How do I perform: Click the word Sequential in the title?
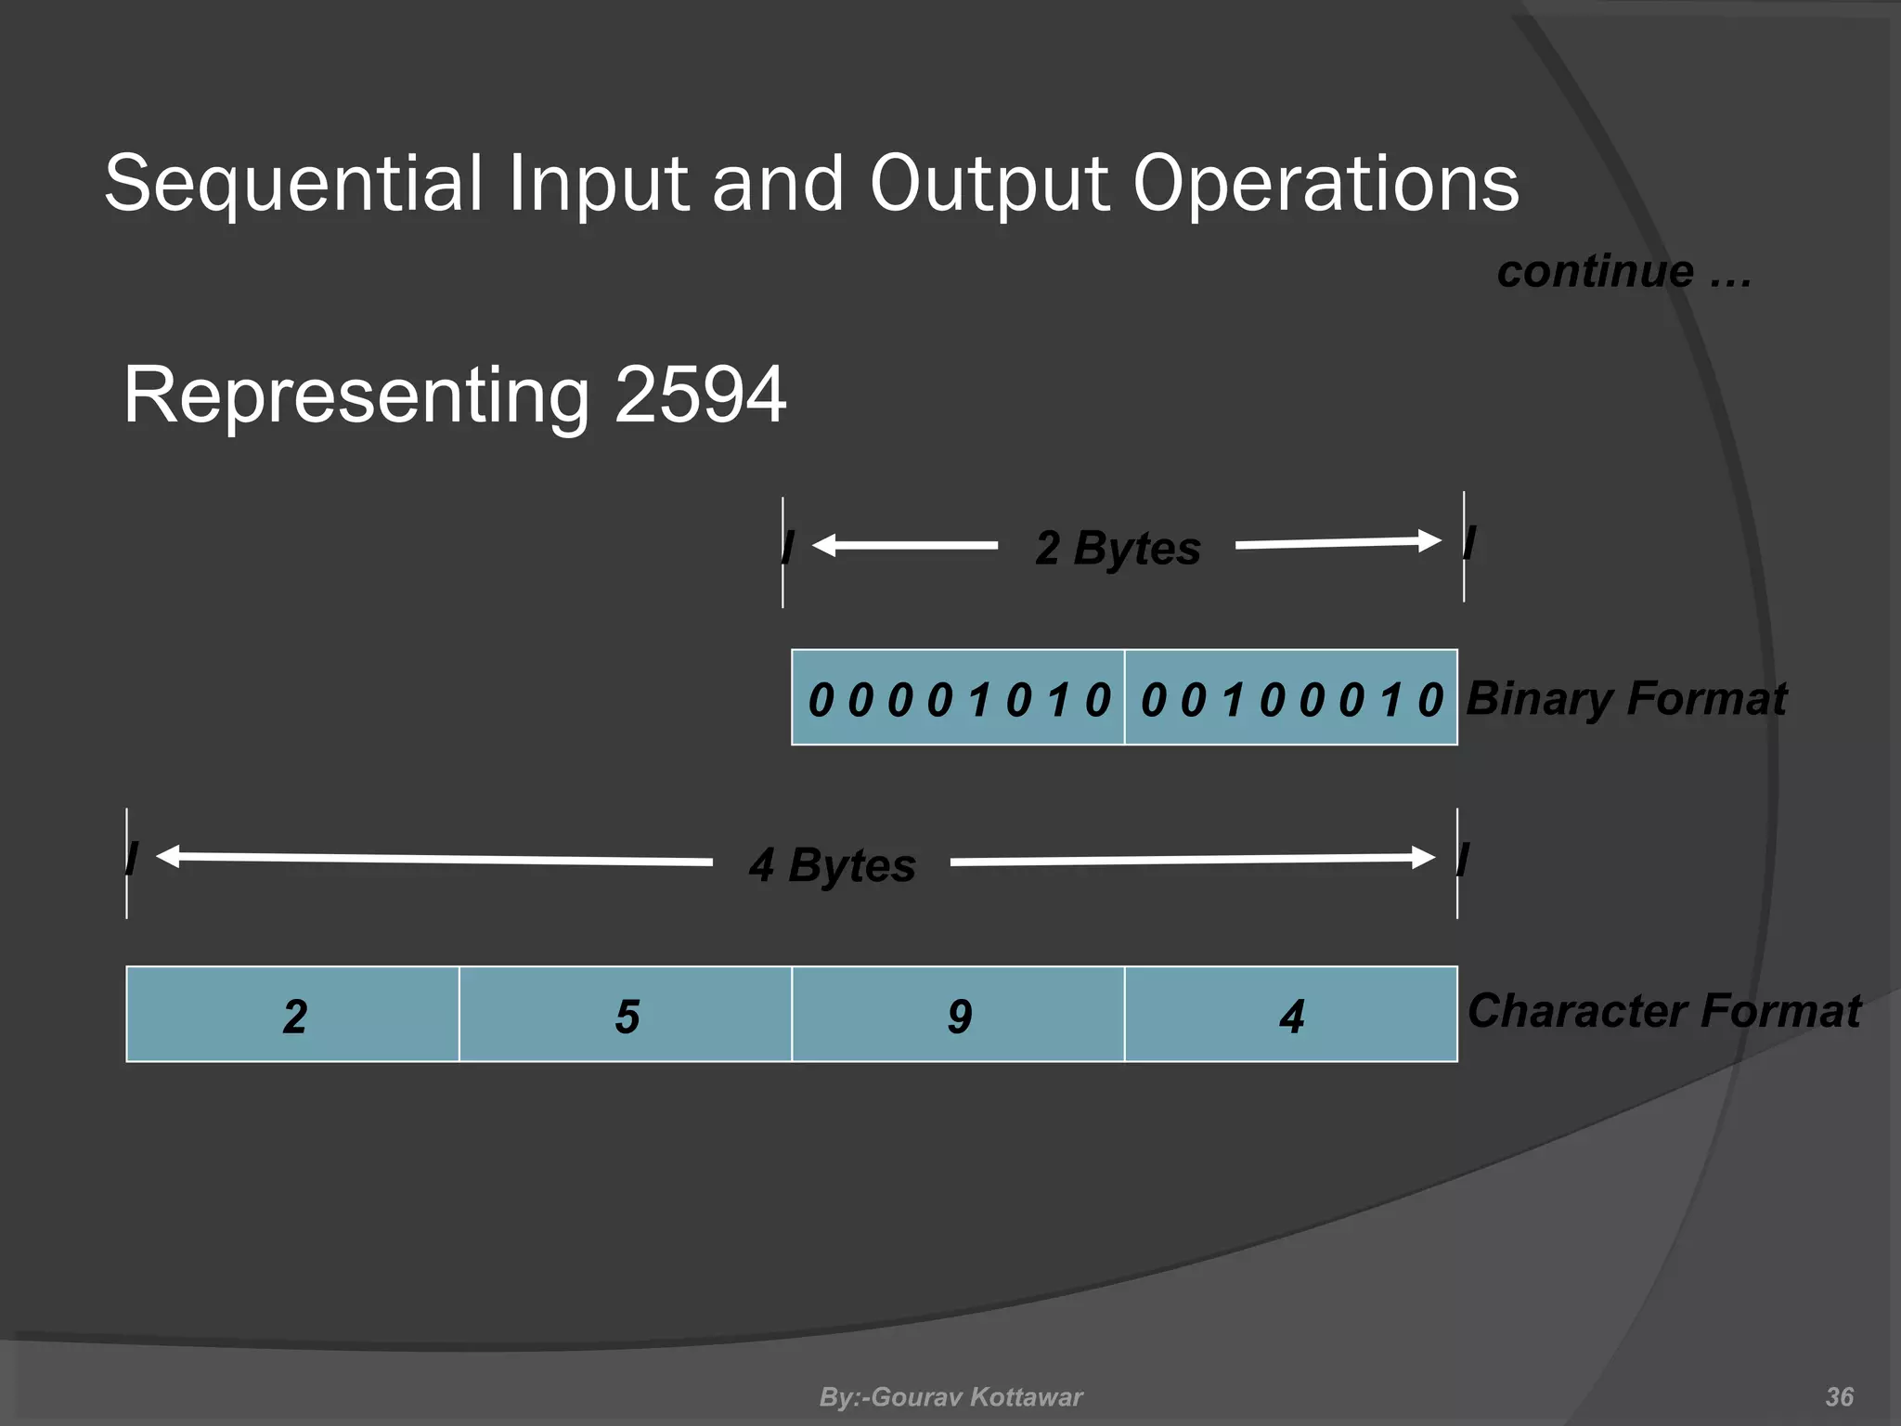tap(293, 184)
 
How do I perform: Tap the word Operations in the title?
tap(1326, 184)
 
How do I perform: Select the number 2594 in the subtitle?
tap(700, 395)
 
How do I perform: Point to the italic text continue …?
tap(1623, 271)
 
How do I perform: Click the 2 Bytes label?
tap(1118, 548)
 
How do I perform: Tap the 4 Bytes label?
tap(832, 865)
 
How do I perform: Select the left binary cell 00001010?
tap(958, 698)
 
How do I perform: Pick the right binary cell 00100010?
tap(1291, 698)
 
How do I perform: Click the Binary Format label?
tap(1626, 698)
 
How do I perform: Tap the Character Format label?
tap(1663, 1010)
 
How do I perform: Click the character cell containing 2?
tap(293, 1015)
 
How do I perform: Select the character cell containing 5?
tap(626, 1015)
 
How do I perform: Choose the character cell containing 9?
tap(958, 1015)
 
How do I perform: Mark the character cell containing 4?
tap(1291, 1015)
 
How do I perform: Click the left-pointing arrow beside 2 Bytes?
tap(904, 545)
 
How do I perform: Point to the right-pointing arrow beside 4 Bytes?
tap(1193, 860)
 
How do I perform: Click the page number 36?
tap(1840, 1397)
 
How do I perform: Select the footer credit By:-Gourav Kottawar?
tap(950, 1397)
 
